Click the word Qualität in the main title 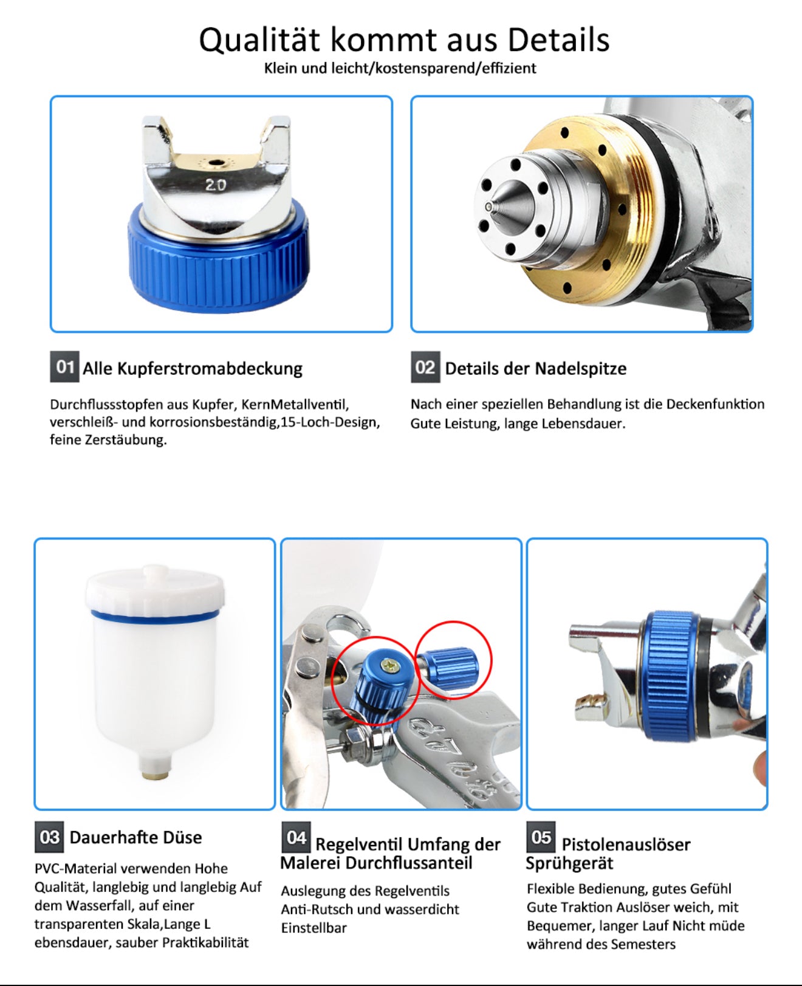point(259,40)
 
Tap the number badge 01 point(64,366)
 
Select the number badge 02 point(425,367)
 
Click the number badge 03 point(49,837)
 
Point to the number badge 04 point(296,837)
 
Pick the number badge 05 point(541,837)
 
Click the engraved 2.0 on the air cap point(215,185)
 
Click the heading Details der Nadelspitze point(535,368)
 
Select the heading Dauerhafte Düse point(135,837)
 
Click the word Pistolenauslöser point(626,844)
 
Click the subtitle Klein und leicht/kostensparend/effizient point(400,68)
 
